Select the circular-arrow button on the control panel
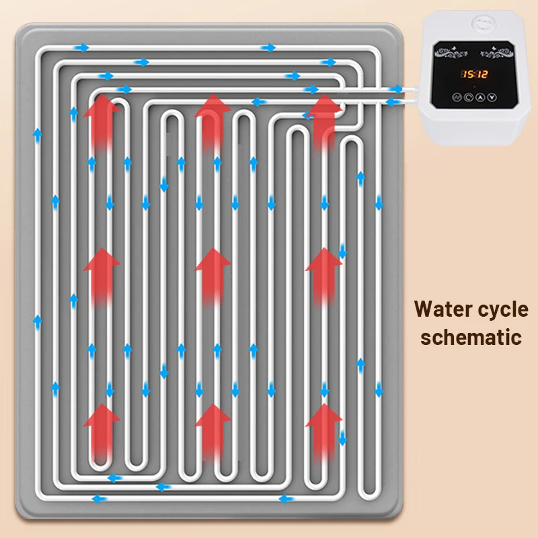tap(467, 97)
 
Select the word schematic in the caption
tap(471, 336)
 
